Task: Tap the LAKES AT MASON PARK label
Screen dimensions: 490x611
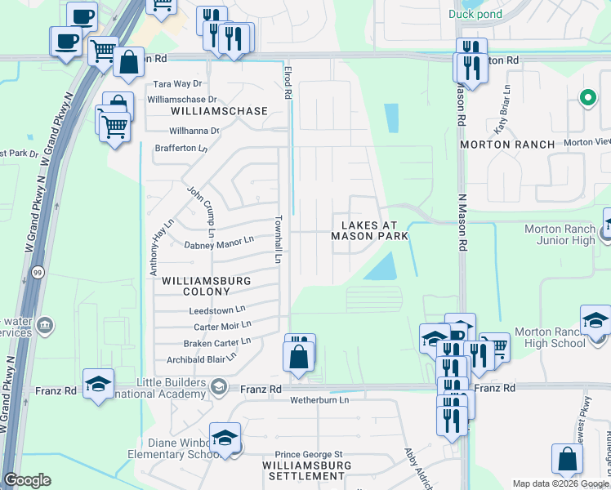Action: coord(368,229)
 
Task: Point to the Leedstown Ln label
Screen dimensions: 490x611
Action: coord(217,310)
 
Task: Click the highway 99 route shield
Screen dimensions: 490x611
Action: coord(38,270)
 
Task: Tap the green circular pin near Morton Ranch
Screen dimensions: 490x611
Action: coord(586,99)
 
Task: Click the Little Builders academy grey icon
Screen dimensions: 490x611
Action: coord(218,386)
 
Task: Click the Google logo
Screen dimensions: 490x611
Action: coord(27,480)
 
